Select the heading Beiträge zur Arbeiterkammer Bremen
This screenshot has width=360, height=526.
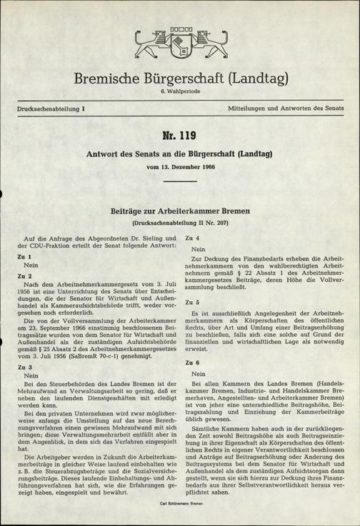coord(180,211)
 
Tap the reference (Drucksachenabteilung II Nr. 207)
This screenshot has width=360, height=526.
coord(180,223)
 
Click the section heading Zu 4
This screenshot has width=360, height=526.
coord(191,237)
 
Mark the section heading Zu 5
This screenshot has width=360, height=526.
coord(191,303)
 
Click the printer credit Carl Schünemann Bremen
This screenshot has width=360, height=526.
coord(179,504)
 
